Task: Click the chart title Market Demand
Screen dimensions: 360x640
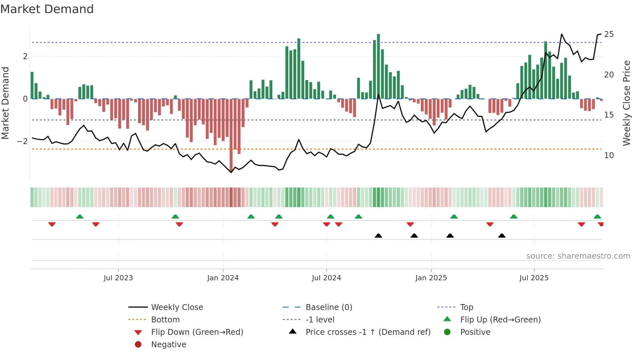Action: tap(47, 9)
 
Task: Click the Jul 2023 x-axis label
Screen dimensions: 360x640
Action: tap(118, 278)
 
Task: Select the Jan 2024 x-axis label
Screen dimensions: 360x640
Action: tap(223, 278)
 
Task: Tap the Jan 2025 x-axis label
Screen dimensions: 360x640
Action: tap(431, 278)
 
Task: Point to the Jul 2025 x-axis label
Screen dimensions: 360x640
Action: tap(534, 278)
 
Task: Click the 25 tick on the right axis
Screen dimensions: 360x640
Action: tap(609, 34)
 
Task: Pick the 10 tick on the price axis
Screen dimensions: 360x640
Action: tap(609, 155)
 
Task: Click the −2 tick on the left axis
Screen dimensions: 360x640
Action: tap(22, 141)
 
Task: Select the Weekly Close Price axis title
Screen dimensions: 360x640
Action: tap(626, 103)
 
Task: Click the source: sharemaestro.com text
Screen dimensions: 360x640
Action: tap(578, 256)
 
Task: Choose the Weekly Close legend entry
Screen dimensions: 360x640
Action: tap(177, 307)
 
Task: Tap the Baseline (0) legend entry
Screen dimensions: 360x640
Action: tap(328, 307)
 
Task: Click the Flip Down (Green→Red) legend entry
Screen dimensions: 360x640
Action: tap(197, 332)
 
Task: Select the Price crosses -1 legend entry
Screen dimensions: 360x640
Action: tap(368, 332)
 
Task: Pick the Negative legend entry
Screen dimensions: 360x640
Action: tap(168, 345)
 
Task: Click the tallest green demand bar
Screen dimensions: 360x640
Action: tap(378, 65)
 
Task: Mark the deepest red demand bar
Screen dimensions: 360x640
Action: tap(231, 134)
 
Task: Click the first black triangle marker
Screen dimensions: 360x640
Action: tap(378, 236)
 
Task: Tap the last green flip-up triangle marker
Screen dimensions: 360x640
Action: tap(597, 217)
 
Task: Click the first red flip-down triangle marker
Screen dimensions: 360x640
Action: tap(52, 224)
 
